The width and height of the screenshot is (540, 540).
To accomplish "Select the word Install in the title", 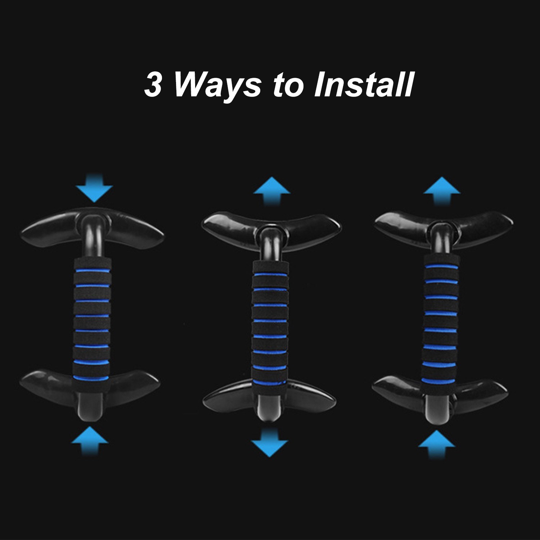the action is [363, 85].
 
